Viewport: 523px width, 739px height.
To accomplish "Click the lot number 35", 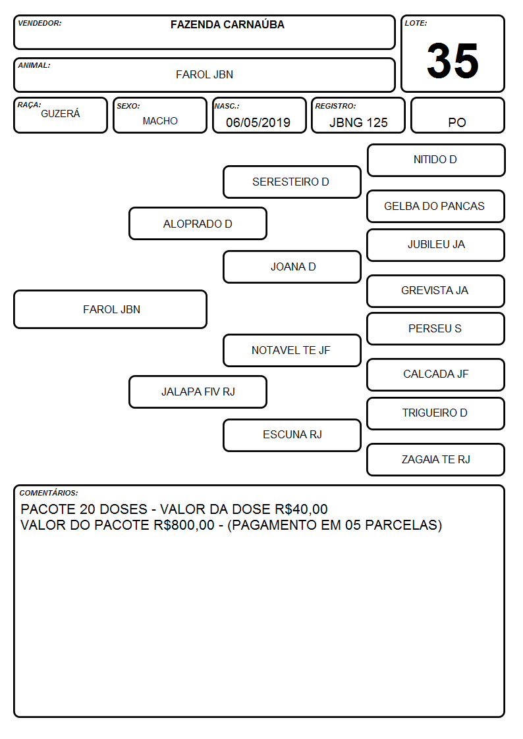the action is click(453, 61).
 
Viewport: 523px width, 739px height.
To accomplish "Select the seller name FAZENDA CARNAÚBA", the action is click(227, 24).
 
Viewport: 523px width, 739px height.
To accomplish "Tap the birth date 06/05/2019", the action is click(258, 122).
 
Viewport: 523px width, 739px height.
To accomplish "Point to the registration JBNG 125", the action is click(358, 122).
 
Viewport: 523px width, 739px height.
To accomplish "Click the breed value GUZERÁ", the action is click(61, 113).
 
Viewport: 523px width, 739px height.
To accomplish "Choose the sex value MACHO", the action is click(160, 121).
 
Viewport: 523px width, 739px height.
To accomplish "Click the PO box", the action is click(457, 115).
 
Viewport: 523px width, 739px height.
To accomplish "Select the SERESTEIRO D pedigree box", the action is click(292, 182).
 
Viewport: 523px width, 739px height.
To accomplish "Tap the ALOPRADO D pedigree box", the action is click(198, 224).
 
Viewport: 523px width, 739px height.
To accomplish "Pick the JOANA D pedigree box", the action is click(292, 267).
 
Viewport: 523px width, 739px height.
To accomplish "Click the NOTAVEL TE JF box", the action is click(292, 351).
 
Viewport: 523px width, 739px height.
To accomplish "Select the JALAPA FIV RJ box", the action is click(198, 392).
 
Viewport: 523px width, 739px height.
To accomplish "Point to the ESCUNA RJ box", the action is click(292, 436).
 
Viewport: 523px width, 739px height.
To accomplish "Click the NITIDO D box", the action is click(436, 161).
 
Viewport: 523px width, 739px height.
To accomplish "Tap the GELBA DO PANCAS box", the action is click(436, 207).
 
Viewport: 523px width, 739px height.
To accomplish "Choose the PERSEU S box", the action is click(436, 329).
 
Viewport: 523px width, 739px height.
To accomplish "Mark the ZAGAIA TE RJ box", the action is click(436, 460).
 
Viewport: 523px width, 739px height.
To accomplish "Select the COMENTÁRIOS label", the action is click(49, 493).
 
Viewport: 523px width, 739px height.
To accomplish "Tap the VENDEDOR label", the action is click(40, 23).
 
